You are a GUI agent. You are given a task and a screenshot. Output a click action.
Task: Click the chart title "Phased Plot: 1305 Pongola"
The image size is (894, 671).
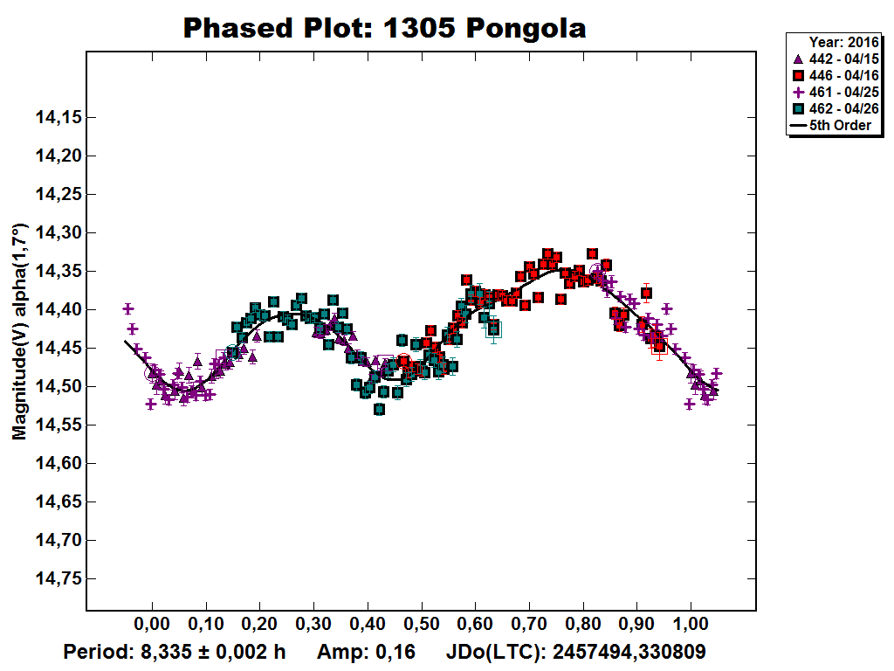pos(384,28)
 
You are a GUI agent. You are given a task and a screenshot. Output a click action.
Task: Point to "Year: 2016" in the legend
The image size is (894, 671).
pos(842,42)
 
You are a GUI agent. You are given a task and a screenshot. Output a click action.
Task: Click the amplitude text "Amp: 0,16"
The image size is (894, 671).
pos(366,652)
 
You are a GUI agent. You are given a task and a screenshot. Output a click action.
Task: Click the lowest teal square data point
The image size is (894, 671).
pos(379,409)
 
